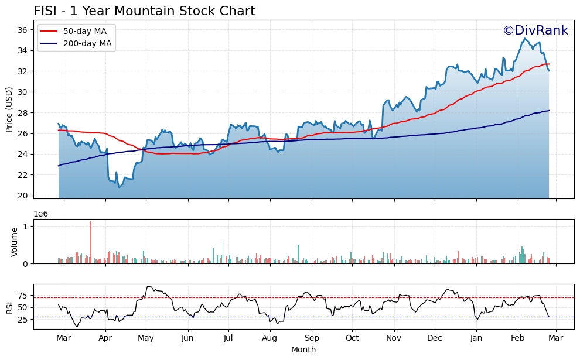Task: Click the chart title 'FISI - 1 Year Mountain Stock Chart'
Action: pyautogui.click(x=144, y=11)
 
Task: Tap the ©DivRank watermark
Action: pyautogui.click(x=535, y=31)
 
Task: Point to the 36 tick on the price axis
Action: pyautogui.click(x=25, y=30)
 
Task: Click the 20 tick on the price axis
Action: pyautogui.click(x=25, y=196)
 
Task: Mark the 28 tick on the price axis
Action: pyautogui.click(x=25, y=113)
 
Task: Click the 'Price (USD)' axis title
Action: pyautogui.click(x=10, y=109)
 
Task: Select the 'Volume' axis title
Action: pyautogui.click(x=15, y=242)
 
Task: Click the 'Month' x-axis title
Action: pyautogui.click(x=303, y=349)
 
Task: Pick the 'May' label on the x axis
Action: pyautogui.click(x=146, y=338)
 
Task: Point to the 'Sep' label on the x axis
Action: pyautogui.click(x=312, y=338)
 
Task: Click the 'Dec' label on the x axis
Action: pyautogui.click(x=435, y=338)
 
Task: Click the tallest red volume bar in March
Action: pyautogui.click(x=91, y=242)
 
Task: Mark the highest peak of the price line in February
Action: pyautogui.click(x=524, y=39)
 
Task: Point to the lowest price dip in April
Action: pyautogui.click(x=119, y=187)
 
